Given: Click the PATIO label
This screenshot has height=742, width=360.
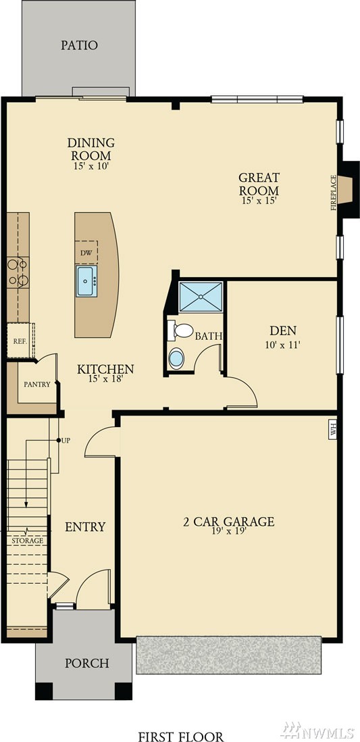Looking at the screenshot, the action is [80, 45].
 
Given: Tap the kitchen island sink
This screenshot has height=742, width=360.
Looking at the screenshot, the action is [86, 281].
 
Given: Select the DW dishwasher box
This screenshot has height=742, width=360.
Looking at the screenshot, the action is [86, 252].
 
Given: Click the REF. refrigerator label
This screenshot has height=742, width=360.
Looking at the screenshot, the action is [18, 340].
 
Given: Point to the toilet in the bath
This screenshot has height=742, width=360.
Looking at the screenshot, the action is [180, 330].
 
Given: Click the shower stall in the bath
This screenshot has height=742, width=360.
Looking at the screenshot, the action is [201, 297].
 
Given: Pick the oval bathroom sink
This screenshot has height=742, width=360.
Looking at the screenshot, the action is [176, 358].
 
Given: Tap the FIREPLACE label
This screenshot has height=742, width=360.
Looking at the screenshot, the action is [334, 193].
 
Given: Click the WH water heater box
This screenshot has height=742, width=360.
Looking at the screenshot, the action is [332, 431].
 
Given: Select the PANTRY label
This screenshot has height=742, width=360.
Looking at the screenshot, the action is [37, 385].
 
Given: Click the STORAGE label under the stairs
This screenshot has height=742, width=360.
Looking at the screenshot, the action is [28, 541].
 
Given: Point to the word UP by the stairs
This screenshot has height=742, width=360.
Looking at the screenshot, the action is [66, 440].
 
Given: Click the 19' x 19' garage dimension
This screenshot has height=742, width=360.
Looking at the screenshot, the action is [229, 531].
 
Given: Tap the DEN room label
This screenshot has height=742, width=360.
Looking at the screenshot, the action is [283, 330].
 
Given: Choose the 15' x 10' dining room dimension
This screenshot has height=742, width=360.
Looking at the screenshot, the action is [91, 166].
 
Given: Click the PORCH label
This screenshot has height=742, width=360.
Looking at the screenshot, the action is [87, 663].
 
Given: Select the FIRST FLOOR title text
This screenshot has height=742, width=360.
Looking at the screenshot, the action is [181, 737].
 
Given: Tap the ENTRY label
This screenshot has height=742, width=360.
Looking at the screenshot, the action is [85, 526].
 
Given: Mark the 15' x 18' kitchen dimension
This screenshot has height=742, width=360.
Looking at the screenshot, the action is [105, 378].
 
